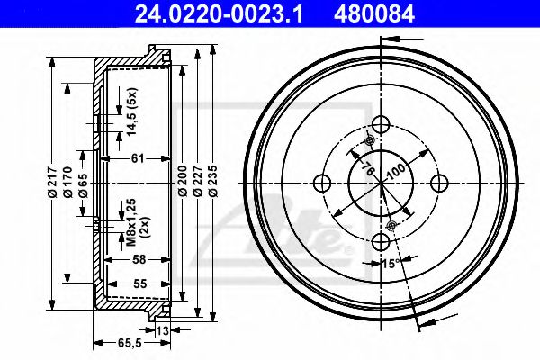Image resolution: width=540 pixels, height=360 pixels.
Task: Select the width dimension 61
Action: click(138, 159)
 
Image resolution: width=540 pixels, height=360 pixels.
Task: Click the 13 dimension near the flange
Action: click(162, 331)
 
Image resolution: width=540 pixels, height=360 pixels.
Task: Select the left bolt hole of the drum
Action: click(321, 184)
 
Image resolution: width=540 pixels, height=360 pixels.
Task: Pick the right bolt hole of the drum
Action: click(439, 184)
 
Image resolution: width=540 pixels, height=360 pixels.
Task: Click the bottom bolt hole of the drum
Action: click(380, 241)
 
